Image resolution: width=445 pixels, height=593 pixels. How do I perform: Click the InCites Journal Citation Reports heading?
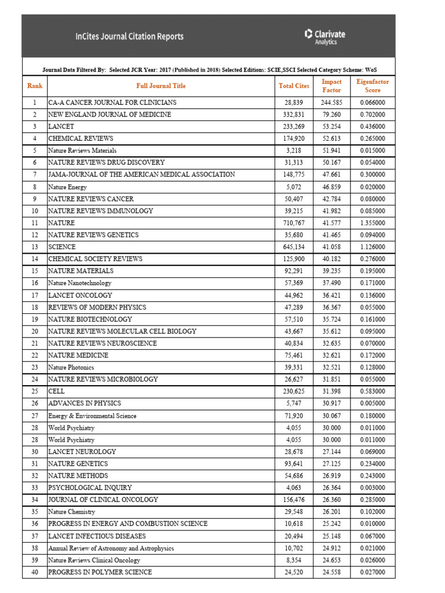pos(129,36)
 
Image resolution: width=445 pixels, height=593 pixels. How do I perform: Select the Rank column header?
pos(35,86)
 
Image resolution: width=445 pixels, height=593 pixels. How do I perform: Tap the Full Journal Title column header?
pos(161,86)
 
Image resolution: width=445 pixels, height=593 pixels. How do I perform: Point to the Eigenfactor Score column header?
pos(373,86)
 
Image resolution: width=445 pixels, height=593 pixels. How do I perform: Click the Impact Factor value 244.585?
pos(332,103)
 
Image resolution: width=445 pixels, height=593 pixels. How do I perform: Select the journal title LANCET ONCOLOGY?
pos(80,295)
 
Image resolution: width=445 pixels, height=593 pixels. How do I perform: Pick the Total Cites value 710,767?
pos(294,223)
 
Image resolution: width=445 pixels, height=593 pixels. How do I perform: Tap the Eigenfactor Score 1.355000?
pos(373,223)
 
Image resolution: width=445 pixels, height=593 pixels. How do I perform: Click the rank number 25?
pos(35,391)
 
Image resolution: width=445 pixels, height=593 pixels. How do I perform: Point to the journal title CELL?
pos(56,391)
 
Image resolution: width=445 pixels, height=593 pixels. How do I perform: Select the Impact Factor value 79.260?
pos(332,115)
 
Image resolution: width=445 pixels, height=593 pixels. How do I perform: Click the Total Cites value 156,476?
pos(294,500)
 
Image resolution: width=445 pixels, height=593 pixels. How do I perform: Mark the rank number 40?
pos(35,572)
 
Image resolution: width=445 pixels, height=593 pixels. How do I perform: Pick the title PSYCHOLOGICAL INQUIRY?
pos(90,488)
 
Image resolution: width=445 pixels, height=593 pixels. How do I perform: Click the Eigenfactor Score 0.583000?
pos(373,391)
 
